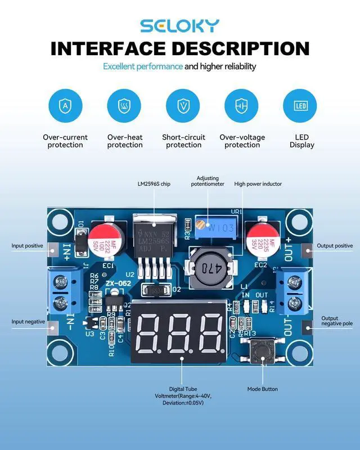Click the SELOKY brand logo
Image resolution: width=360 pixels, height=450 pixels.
coord(180,25)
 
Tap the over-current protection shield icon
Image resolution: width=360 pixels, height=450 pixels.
coord(66,105)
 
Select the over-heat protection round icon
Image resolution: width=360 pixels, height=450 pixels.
coord(124,105)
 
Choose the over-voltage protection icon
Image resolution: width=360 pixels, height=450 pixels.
coord(241,105)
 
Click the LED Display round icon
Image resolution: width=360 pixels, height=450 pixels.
coord(300,105)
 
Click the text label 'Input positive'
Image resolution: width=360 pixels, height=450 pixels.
coord(28,246)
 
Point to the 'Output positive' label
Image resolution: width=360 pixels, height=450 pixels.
coord(336,246)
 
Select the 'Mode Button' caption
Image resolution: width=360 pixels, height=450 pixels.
coord(262,389)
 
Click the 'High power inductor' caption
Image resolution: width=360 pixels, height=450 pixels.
coord(258,184)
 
